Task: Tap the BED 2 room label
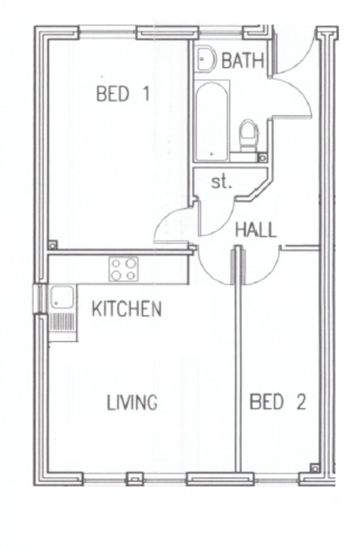click(x=277, y=402)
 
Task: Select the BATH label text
click(x=242, y=61)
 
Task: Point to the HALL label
click(x=256, y=230)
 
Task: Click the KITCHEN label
click(x=127, y=309)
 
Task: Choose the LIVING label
click(x=132, y=403)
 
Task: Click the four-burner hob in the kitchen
click(x=124, y=269)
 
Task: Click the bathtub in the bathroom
click(x=211, y=121)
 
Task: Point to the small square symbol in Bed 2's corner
click(x=314, y=468)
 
